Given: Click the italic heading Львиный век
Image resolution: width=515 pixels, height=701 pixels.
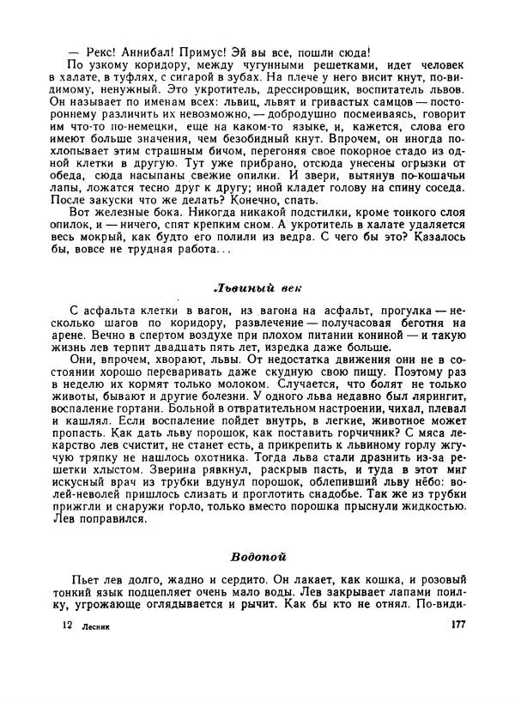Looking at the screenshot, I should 257,287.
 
